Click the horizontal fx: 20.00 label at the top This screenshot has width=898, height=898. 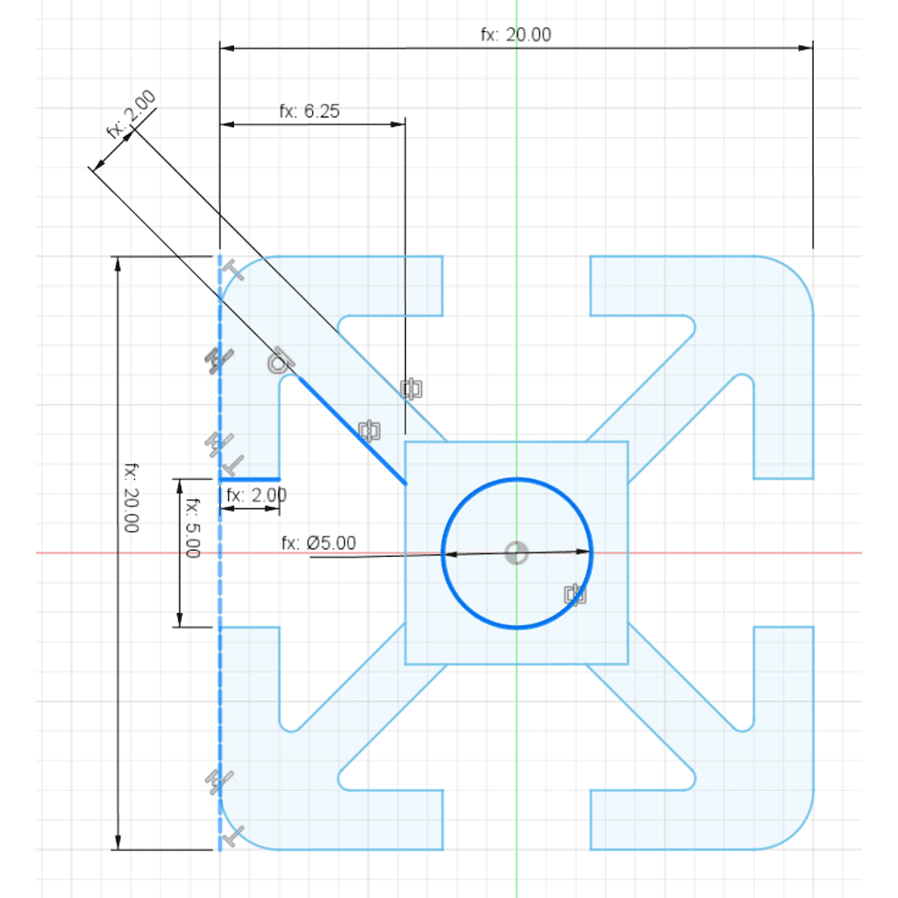516,35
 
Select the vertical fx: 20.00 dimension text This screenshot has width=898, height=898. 132,498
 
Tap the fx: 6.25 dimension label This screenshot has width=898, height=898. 310,111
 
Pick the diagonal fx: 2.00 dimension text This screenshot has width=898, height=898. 132,114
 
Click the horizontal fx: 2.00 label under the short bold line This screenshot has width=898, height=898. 256,495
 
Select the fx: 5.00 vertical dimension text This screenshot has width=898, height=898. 193,527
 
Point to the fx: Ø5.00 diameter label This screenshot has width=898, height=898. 318,542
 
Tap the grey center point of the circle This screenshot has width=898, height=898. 517,553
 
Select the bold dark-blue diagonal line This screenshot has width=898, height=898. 353,430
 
